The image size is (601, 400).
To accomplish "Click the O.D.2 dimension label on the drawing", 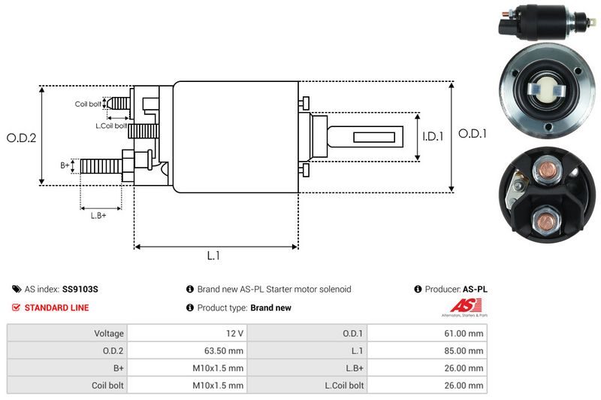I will pos(22,138).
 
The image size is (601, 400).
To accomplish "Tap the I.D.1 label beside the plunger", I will pos(433,137).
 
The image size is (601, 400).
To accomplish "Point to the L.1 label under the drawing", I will pos(213,256).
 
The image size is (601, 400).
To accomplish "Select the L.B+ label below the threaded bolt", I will pos(98,216).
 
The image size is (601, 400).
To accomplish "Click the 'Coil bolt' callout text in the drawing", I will pos(87,104).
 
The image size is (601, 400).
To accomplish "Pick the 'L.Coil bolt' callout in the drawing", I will pos(110,126).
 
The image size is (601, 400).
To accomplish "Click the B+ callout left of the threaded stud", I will pos(65,164).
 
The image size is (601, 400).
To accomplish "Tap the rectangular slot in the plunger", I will pos(369,137).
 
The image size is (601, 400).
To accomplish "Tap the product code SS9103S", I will pos(80,289).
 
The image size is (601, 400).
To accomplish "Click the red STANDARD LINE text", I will pos(56,308).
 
